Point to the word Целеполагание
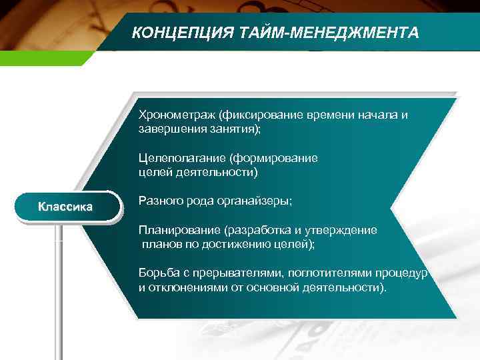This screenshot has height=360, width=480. point(181,158)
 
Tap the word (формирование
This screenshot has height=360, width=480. point(273,158)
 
